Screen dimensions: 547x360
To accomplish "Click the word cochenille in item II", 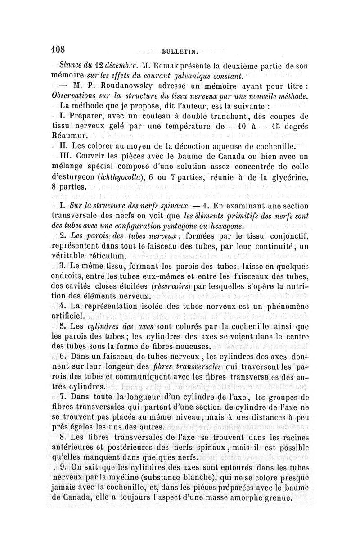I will tap(272, 146).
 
